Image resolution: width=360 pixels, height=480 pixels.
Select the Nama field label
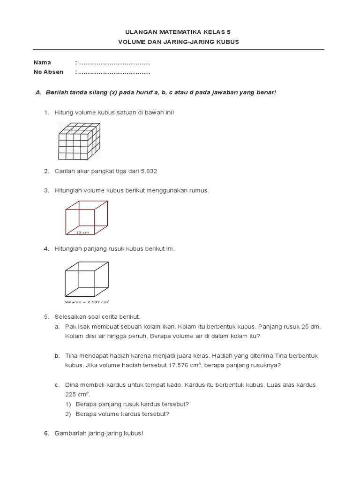(x=42, y=62)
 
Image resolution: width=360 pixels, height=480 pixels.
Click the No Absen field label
(x=48, y=72)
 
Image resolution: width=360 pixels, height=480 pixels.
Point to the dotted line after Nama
(x=114, y=63)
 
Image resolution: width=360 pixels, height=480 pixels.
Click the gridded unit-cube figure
(x=79, y=140)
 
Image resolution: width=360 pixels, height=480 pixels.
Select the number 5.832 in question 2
(x=147, y=172)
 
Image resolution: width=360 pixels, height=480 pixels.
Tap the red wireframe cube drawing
(x=87, y=217)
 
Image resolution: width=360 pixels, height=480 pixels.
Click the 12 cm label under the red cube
(x=82, y=232)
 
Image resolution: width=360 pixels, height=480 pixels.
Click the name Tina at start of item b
(x=72, y=356)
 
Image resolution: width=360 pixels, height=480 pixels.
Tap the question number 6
(x=46, y=434)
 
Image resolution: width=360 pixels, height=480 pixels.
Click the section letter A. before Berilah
(x=39, y=92)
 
